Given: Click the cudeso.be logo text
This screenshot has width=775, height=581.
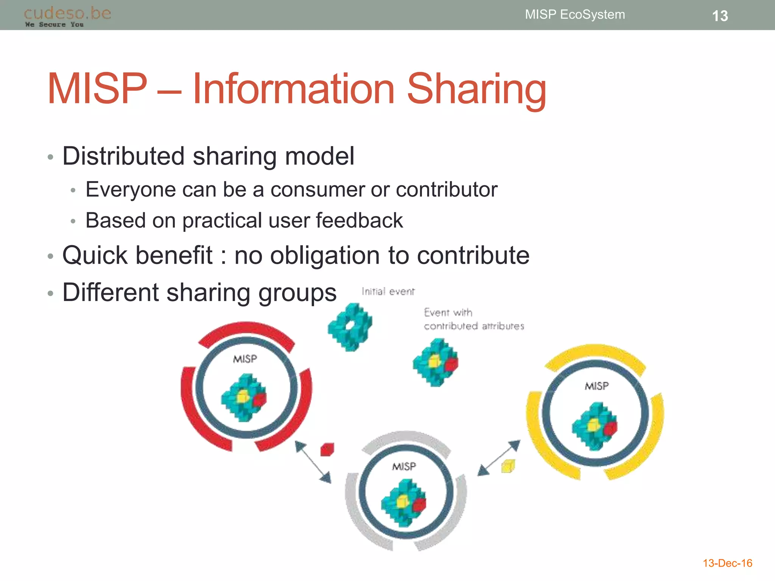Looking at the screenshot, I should click(x=67, y=14).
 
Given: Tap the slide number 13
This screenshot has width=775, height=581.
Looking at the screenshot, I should click(x=720, y=16).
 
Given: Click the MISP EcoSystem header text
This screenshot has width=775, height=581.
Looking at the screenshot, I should click(x=575, y=14).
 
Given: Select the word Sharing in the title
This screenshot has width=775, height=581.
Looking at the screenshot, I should click(x=476, y=89).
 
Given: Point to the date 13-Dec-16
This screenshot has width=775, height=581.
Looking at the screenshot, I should click(x=727, y=563).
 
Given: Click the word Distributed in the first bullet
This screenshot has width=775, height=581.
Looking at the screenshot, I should click(x=123, y=156).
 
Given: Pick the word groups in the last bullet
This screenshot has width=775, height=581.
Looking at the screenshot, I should click(x=297, y=293).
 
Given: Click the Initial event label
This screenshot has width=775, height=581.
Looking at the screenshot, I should click(x=388, y=292).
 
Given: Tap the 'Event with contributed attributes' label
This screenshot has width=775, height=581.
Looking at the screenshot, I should click(x=474, y=319).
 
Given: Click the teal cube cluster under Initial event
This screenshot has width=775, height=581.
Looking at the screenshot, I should click(x=350, y=327).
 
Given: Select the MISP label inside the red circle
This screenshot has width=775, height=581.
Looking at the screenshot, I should click(x=245, y=359).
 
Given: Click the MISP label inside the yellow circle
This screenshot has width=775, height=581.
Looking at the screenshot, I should click(x=597, y=386).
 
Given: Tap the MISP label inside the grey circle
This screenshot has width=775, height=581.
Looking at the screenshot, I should click(x=404, y=466).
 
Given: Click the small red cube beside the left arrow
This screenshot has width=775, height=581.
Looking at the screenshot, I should click(x=327, y=450).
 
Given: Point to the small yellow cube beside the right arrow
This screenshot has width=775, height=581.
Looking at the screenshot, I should click(x=508, y=466).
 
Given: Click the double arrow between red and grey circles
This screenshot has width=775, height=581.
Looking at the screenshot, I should click(x=313, y=462).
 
